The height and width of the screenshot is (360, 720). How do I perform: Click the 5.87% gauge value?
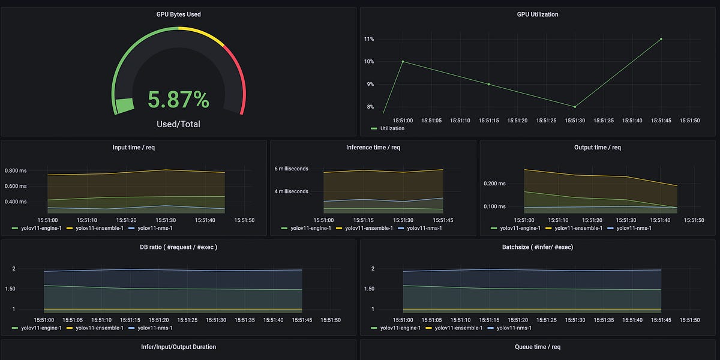coord(178,100)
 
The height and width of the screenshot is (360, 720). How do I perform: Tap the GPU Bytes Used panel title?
coord(178,14)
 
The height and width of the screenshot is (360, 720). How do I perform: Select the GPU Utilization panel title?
coord(538,14)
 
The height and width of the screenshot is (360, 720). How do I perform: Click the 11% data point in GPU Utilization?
coord(661,39)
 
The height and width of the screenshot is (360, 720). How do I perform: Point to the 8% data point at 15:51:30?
coord(575,107)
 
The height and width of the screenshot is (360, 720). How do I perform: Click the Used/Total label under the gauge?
coord(178,124)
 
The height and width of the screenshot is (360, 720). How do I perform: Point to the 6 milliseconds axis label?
coord(292,169)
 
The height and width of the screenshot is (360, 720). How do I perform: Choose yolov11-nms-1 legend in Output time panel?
coord(632,228)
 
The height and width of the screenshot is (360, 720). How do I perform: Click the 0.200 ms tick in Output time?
coord(496,184)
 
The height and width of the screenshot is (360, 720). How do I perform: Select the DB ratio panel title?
coord(178,247)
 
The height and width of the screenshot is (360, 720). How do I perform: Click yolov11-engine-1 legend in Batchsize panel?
coord(396,328)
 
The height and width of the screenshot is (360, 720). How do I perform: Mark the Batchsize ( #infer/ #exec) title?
coord(538,247)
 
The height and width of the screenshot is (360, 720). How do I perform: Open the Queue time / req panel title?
coord(538,347)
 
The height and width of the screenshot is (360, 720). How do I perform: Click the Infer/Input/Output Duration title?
coord(178,347)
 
